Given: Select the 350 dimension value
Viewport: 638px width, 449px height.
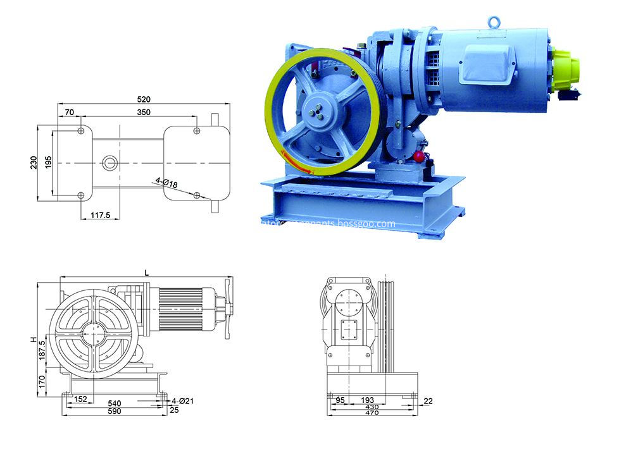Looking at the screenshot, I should [143, 112].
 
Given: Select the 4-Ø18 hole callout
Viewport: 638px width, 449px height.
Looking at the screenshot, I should [166, 181].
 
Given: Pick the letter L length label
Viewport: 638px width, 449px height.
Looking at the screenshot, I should [146, 272].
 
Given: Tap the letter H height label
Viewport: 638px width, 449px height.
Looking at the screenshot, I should [34, 340].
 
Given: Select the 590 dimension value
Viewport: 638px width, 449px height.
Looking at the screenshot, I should [115, 411].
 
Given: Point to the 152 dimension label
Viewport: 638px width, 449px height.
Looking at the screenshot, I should [81, 401].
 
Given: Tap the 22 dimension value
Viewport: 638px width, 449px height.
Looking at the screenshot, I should [428, 401].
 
